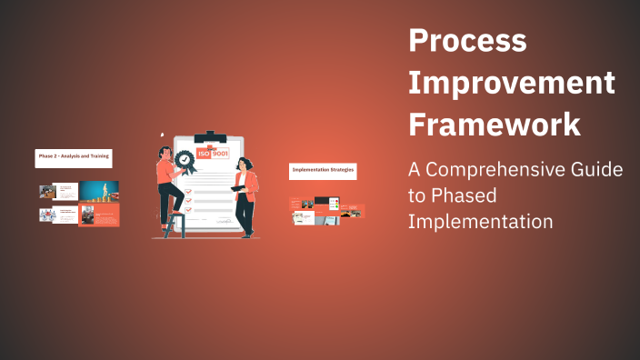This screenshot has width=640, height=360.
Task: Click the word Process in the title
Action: click(x=467, y=40)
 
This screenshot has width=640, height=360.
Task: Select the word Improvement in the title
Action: click(x=512, y=82)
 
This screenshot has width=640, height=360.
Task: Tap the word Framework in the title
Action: click(x=495, y=124)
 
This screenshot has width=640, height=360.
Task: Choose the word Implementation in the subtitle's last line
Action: click(x=481, y=221)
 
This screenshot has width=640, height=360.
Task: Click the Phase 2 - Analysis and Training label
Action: click(x=74, y=157)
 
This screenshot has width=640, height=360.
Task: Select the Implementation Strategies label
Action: click(x=322, y=170)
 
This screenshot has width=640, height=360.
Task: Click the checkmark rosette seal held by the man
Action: click(x=185, y=160)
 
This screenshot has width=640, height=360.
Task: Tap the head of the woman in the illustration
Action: click(x=244, y=164)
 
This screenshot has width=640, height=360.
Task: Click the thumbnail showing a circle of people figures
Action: click(x=45, y=215)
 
